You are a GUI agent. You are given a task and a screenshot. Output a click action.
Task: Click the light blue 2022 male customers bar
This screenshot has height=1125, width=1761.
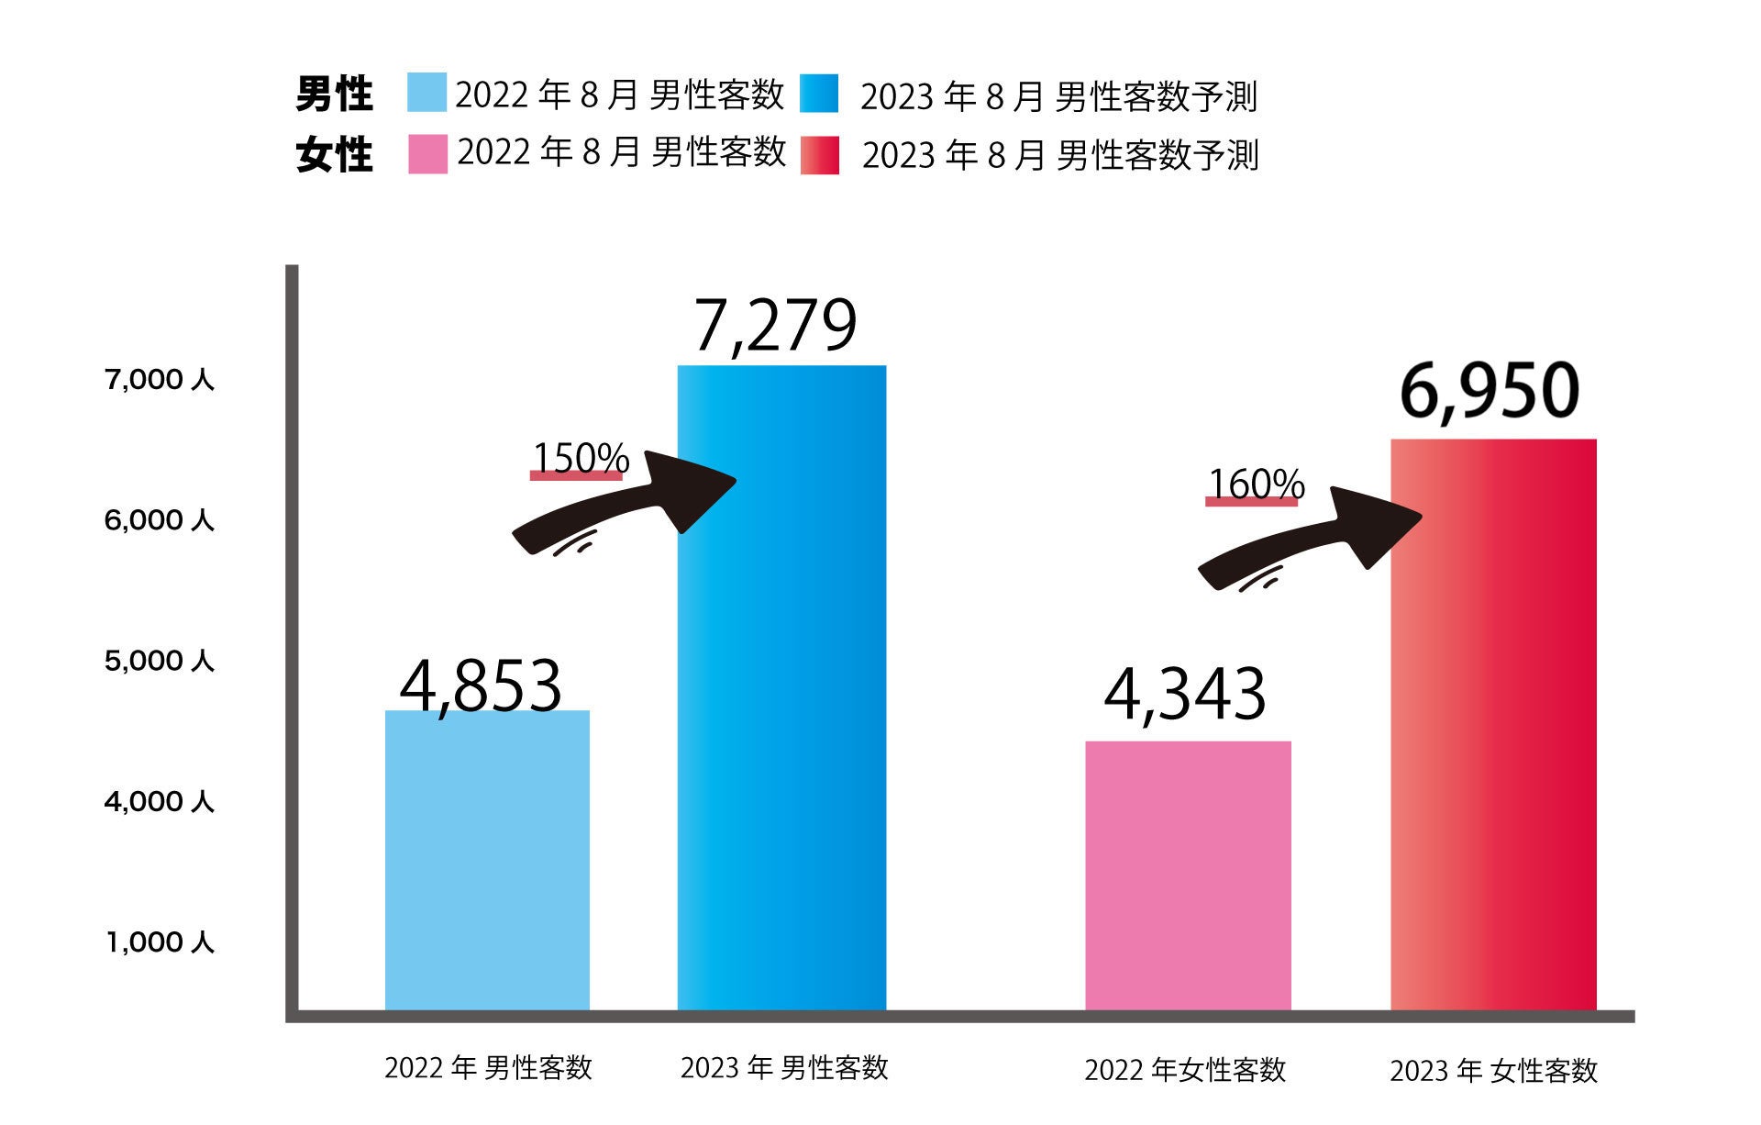[487, 860]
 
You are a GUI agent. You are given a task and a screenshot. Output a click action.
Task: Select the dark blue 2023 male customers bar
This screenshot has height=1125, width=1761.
[781, 687]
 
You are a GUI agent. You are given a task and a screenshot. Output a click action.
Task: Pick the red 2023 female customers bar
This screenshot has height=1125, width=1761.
[1493, 724]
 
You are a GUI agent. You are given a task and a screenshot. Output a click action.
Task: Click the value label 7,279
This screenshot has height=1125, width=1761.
[775, 326]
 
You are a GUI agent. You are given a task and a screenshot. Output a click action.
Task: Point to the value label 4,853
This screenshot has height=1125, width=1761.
[481, 685]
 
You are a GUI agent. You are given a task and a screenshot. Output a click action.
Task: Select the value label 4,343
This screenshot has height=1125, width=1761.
[1185, 695]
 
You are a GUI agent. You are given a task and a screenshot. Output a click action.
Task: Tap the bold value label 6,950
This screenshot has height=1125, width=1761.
[1490, 391]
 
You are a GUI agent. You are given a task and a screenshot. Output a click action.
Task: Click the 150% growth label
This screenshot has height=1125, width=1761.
[581, 458]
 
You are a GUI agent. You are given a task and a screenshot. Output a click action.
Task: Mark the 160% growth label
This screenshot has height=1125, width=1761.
[1256, 484]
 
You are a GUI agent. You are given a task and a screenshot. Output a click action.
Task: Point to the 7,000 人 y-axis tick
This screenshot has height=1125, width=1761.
[159, 379]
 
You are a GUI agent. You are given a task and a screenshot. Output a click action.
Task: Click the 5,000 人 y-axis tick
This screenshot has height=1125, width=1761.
[159, 661]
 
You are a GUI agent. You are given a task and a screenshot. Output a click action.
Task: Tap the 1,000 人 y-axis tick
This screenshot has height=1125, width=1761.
[159, 942]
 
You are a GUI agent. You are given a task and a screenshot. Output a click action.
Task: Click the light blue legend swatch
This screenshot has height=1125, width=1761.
[426, 93]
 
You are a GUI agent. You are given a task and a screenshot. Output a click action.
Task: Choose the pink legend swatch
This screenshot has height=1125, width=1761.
[427, 154]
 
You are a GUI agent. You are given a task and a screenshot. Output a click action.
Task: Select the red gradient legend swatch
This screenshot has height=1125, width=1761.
[819, 155]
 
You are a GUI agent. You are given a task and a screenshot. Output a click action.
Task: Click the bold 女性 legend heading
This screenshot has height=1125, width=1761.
[334, 154]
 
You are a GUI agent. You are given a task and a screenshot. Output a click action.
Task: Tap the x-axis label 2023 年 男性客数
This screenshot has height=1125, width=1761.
[784, 1067]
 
